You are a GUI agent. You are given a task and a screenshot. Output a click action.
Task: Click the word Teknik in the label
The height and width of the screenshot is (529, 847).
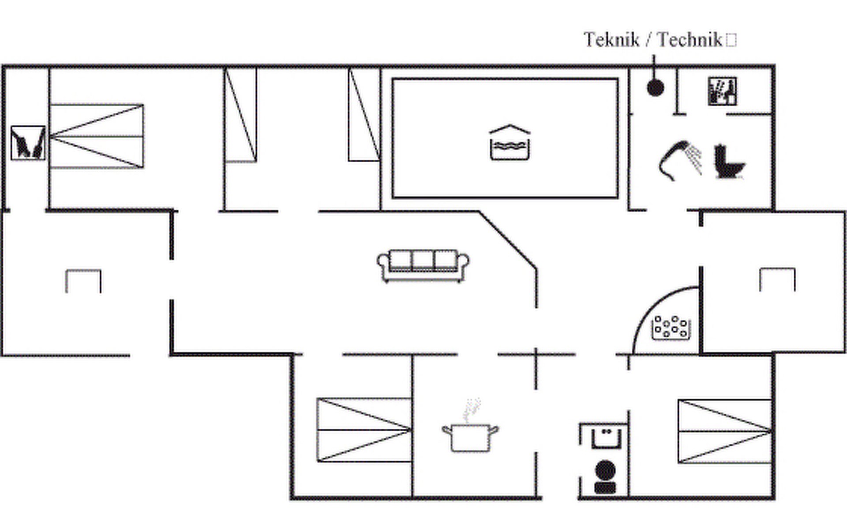coord(611,40)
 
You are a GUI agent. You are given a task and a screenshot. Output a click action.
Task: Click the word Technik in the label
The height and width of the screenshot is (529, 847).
coord(690,40)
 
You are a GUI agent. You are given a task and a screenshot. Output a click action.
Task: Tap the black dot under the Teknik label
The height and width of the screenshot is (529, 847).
coord(655,88)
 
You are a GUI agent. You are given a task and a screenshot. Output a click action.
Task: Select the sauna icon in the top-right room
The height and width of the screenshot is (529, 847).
coord(722,91)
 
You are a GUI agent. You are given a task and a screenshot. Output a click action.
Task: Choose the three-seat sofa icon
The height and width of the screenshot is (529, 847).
coord(423,265)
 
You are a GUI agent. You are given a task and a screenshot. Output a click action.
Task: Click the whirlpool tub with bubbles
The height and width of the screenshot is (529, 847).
coord(671,328)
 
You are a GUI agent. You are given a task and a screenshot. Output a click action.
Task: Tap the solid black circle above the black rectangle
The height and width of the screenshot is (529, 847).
coord(605,470)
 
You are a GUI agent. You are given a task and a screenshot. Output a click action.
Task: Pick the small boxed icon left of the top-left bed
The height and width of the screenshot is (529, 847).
coord(28,142)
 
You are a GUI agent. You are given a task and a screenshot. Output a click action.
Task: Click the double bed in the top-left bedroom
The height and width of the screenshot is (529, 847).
coord(97,136)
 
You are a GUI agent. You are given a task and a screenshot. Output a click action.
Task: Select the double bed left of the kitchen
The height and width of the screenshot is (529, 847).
coord(364,430)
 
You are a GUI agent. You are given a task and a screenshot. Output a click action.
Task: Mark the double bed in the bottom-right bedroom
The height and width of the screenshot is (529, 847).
coord(725,432)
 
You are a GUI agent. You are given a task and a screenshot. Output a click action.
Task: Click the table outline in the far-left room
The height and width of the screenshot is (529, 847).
coord(83,271)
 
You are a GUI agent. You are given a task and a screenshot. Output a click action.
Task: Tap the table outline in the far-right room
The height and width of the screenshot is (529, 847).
coord(777,269)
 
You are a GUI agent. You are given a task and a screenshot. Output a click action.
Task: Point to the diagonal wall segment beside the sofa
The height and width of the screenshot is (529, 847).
coord(508,240)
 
